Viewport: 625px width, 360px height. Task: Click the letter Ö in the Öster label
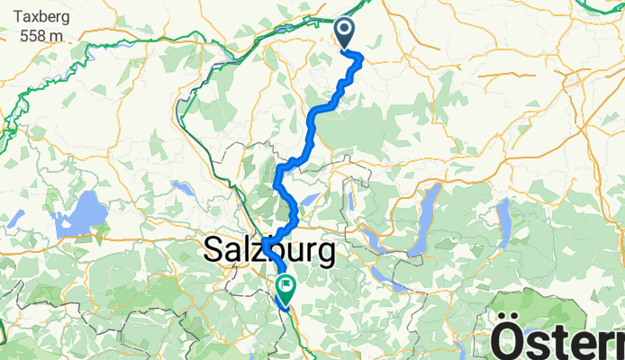coord(510,342)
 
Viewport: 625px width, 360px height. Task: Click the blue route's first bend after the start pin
coord(361,57)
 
